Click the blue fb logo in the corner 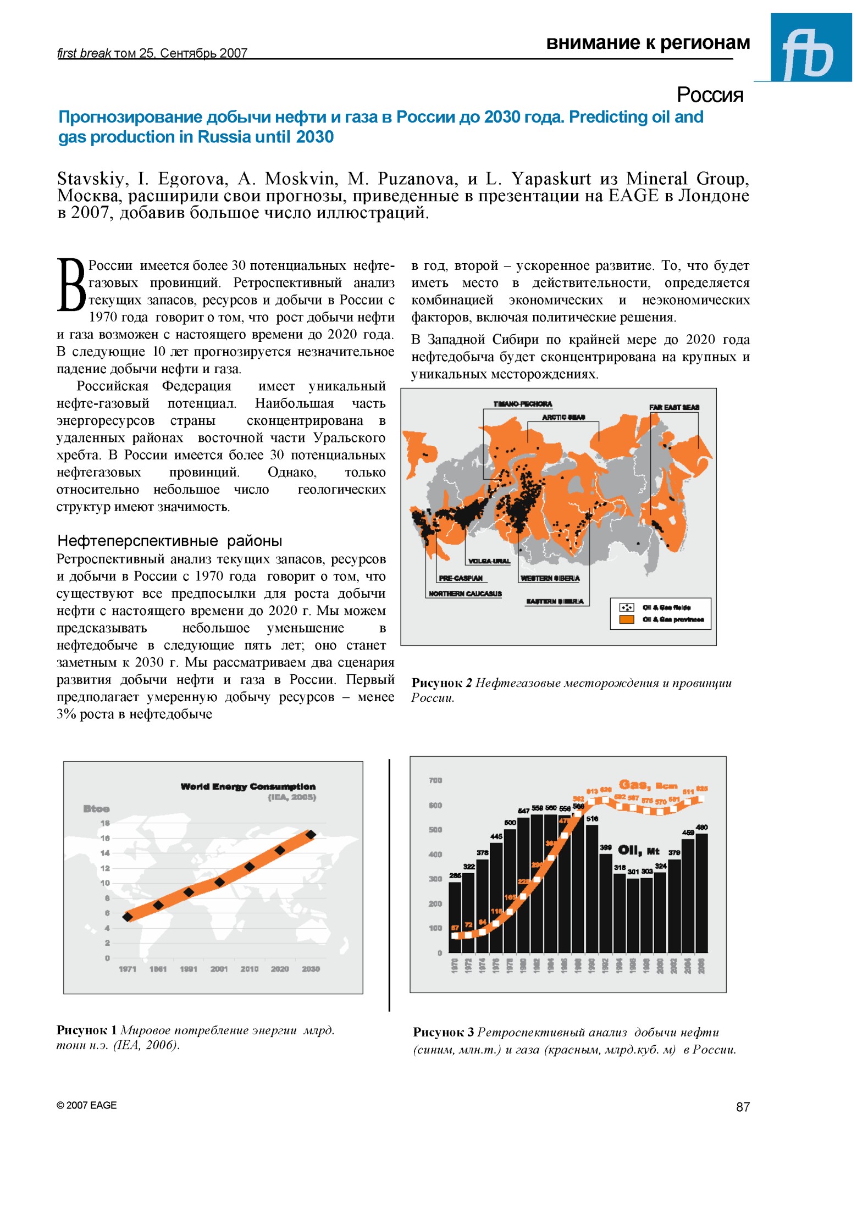coord(810,48)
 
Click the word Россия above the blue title coord(709,95)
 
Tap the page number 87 coord(742,1107)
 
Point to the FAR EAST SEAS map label coord(674,407)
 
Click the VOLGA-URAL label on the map coord(488,561)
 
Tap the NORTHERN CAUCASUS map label coord(465,594)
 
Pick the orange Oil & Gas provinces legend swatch coord(627,619)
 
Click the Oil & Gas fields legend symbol coord(627,607)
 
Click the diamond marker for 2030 coord(311,835)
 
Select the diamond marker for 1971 coord(128,917)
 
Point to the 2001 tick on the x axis coord(219,969)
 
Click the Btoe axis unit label coord(96,809)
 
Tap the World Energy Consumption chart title coord(248,786)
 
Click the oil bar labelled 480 coord(701,893)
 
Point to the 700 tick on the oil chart coord(435,780)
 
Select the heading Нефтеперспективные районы coord(169,541)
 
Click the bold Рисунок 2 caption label coord(441,683)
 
